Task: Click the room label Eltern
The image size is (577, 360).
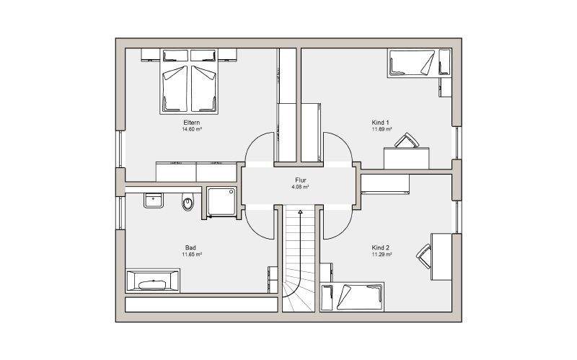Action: tap(192, 123)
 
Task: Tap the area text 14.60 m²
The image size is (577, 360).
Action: tap(192, 130)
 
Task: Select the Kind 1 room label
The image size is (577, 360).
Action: tap(381, 123)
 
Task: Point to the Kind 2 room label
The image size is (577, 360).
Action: tap(381, 247)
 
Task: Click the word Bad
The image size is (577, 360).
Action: tap(190, 247)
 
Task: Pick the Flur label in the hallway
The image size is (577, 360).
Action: tap(301, 180)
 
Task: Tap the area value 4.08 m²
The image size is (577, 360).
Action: tap(300, 187)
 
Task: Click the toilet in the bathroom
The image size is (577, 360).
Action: tap(188, 203)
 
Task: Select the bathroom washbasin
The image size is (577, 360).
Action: tap(153, 201)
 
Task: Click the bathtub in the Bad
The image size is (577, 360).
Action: tap(153, 281)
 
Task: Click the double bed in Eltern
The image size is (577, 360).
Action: tap(189, 81)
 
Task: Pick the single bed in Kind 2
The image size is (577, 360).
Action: tap(353, 297)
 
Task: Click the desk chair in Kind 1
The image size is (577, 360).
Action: tap(407, 140)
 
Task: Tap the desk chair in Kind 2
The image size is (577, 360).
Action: tap(424, 256)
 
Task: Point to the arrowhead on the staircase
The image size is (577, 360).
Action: tap(300, 212)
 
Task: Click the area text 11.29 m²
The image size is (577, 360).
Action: tap(382, 255)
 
